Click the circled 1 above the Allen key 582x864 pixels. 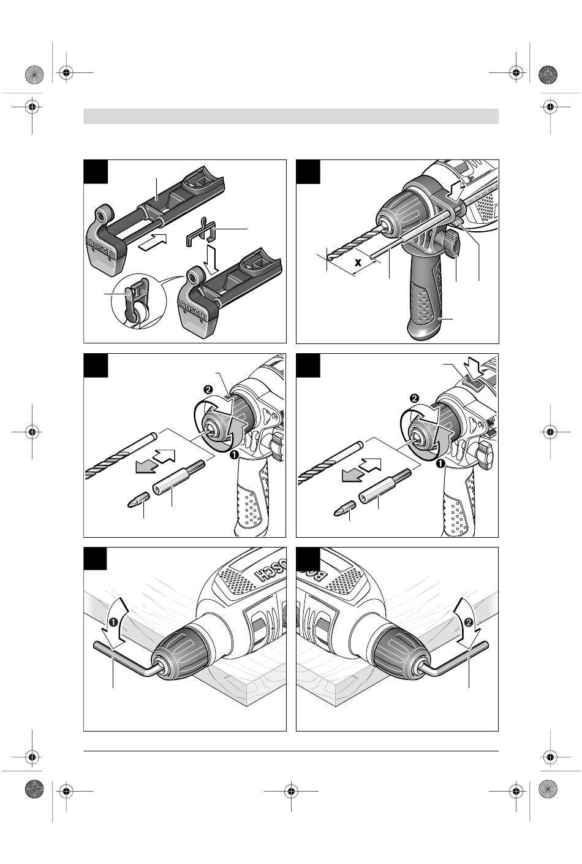point(113,622)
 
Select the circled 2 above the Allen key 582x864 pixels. point(469,622)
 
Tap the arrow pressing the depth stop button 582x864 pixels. point(456,185)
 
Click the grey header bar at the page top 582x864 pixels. point(291,116)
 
